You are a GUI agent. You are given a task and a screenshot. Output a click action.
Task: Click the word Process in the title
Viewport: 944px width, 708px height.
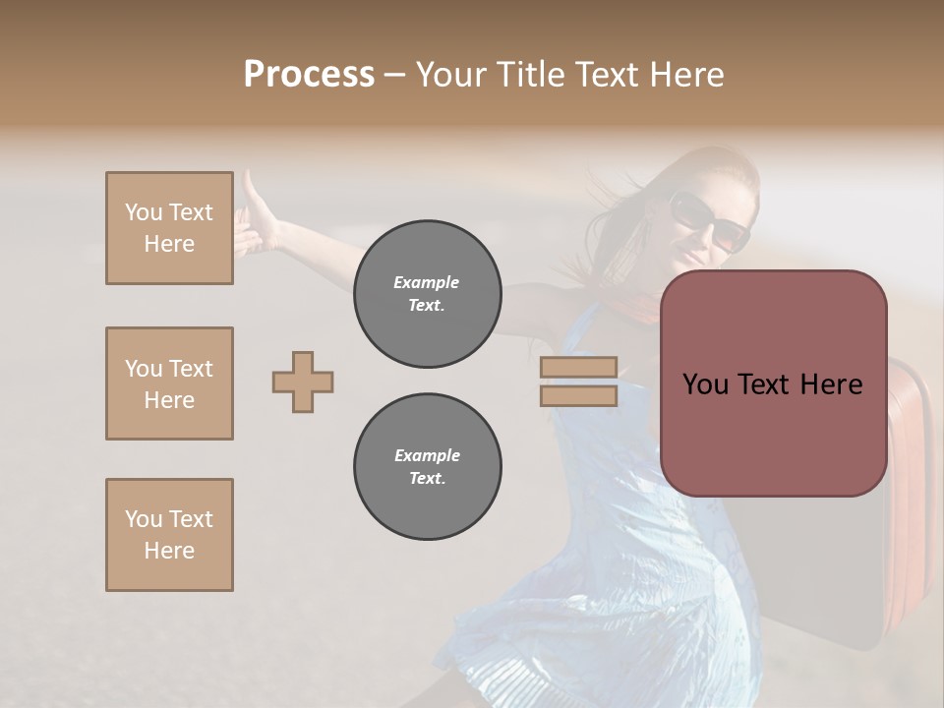[309, 75]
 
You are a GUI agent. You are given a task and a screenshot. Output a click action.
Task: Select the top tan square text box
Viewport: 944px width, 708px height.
[169, 228]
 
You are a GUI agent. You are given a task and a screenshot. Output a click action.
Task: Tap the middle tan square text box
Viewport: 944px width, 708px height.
[169, 383]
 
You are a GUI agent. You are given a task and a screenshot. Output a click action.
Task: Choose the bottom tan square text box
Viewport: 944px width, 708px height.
[169, 535]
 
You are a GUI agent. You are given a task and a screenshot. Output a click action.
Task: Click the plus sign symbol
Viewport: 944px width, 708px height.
[303, 382]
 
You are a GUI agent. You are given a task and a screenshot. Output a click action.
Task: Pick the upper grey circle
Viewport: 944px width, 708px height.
[427, 293]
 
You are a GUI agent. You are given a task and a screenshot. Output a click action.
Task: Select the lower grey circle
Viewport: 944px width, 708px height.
[427, 466]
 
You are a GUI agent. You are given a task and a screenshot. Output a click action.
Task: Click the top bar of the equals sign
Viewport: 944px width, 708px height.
[578, 368]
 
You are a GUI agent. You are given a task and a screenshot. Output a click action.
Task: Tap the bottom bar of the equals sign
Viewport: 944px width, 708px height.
[578, 395]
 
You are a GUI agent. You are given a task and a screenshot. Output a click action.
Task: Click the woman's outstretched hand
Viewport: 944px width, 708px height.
[254, 211]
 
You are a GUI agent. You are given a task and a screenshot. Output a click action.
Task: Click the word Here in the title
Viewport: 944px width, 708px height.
[684, 75]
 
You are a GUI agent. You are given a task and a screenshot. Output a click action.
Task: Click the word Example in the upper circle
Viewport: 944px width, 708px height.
[427, 282]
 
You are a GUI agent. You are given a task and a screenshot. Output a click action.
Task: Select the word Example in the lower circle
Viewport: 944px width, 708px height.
[427, 455]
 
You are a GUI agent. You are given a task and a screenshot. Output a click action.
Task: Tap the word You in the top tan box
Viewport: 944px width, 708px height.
[144, 212]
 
